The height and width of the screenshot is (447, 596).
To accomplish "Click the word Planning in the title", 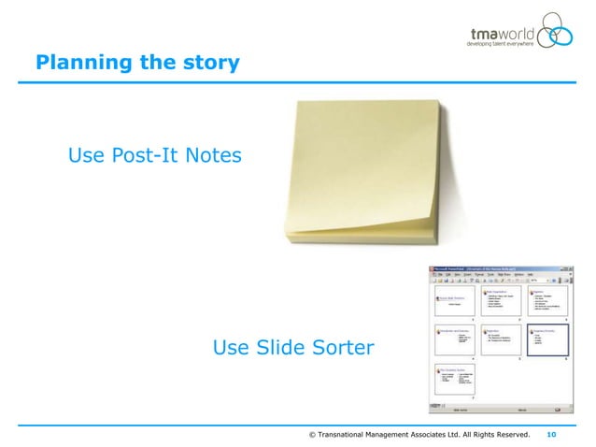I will point(76,64).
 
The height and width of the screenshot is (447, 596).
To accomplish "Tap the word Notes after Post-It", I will point(214,154).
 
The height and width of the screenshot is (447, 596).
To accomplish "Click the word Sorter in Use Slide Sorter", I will point(336,349).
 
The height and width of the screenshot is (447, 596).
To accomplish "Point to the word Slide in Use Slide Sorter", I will point(275,349).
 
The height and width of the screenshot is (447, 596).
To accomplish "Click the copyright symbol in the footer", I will point(312,435).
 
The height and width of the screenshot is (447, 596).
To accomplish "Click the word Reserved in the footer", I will point(510,435).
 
